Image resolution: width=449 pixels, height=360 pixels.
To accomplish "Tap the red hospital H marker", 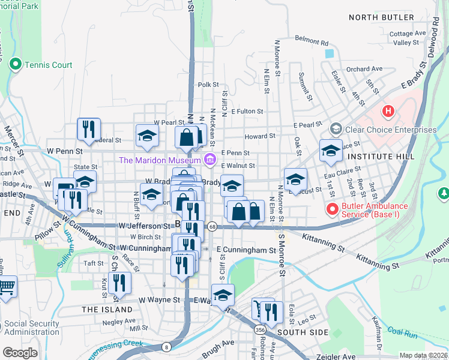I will pyautogui.click(x=388, y=111).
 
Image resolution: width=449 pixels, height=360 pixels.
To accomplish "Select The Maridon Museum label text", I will pyautogui.click(x=159, y=160).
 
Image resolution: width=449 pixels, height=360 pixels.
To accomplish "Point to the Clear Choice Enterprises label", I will pyautogui.click(x=391, y=130).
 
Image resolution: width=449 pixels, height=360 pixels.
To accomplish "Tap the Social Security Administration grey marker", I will pyautogui.click(x=8, y=324).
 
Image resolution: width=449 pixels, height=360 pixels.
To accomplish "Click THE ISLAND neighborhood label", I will pyautogui.click(x=107, y=310).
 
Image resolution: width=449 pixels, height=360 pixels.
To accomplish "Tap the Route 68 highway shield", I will pyautogui.click(x=213, y=226).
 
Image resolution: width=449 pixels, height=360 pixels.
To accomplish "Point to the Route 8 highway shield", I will pyautogui.click(x=166, y=346).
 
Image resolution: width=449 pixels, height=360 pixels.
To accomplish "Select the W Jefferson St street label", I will pyautogui.click(x=145, y=226).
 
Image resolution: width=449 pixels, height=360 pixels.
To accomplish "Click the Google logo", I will pyautogui.click(x=20, y=353).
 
